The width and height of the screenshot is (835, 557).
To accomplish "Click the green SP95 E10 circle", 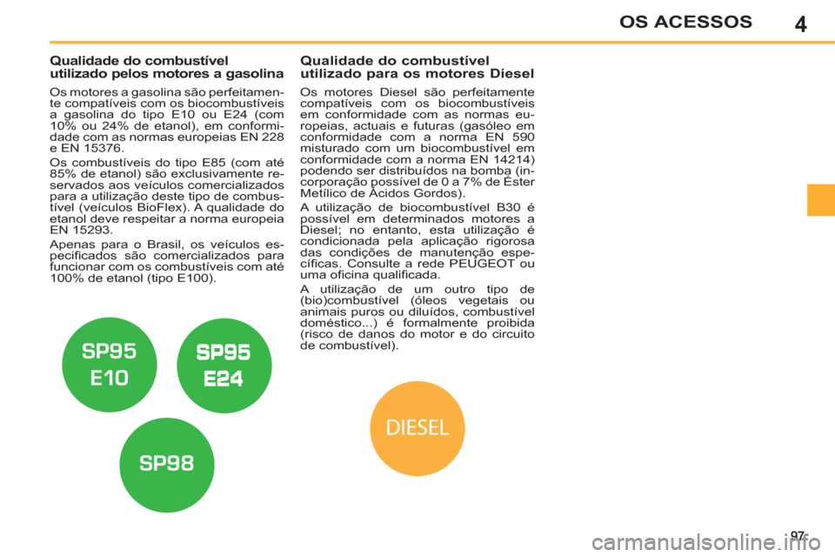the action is (110, 365).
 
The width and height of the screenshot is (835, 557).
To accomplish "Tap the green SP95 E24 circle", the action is (224, 366).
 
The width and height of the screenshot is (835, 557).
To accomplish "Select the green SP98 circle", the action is (167, 465).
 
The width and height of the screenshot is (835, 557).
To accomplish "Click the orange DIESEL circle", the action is (417, 428).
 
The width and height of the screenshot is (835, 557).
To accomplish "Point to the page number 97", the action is (798, 535).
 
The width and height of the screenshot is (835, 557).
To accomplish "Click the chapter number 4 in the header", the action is (800, 24).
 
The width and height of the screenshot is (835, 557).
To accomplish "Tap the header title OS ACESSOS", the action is (685, 22).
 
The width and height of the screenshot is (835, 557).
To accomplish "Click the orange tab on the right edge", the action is (820, 200).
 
